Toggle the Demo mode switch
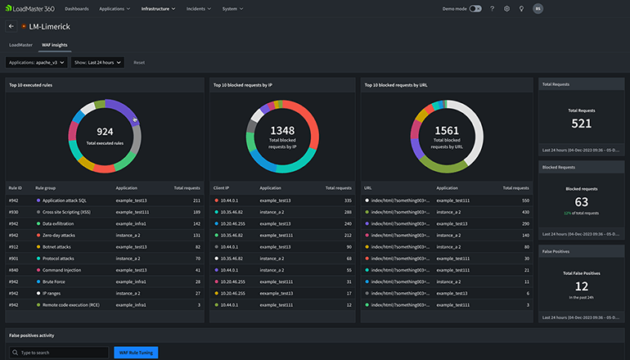(x=475, y=8)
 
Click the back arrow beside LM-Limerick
(x=11, y=27)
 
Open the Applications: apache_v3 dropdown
(x=36, y=62)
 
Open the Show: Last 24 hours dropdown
(x=97, y=62)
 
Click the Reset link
(x=139, y=62)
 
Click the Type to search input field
(x=57, y=353)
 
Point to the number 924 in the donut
(x=105, y=131)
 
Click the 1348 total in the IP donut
(x=281, y=130)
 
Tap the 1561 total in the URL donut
(x=447, y=130)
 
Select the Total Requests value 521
(x=581, y=124)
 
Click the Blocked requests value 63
(x=581, y=201)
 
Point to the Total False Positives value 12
(x=581, y=286)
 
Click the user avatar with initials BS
(x=538, y=8)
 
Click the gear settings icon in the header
(x=506, y=8)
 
